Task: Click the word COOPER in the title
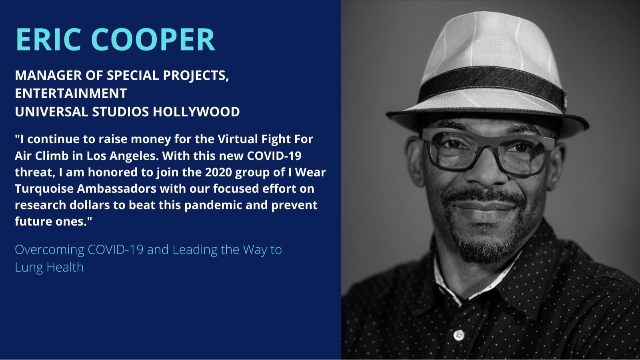(153, 40)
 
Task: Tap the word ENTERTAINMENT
(71, 94)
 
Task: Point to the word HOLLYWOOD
(196, 112)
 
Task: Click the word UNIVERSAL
(52, 112)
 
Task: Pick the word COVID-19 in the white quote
(274, 156)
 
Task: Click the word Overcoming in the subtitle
(50, 250)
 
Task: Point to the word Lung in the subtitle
(28, 268)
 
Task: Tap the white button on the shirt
(459, 335)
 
